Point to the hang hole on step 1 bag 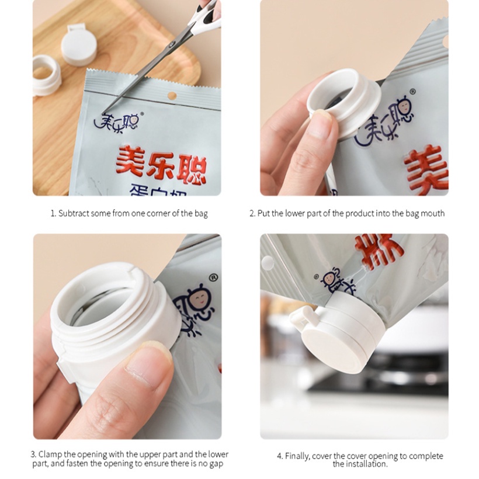point(172,95)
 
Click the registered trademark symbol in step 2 point(413,92)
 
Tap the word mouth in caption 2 point(432,213)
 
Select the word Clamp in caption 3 point(50,454)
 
